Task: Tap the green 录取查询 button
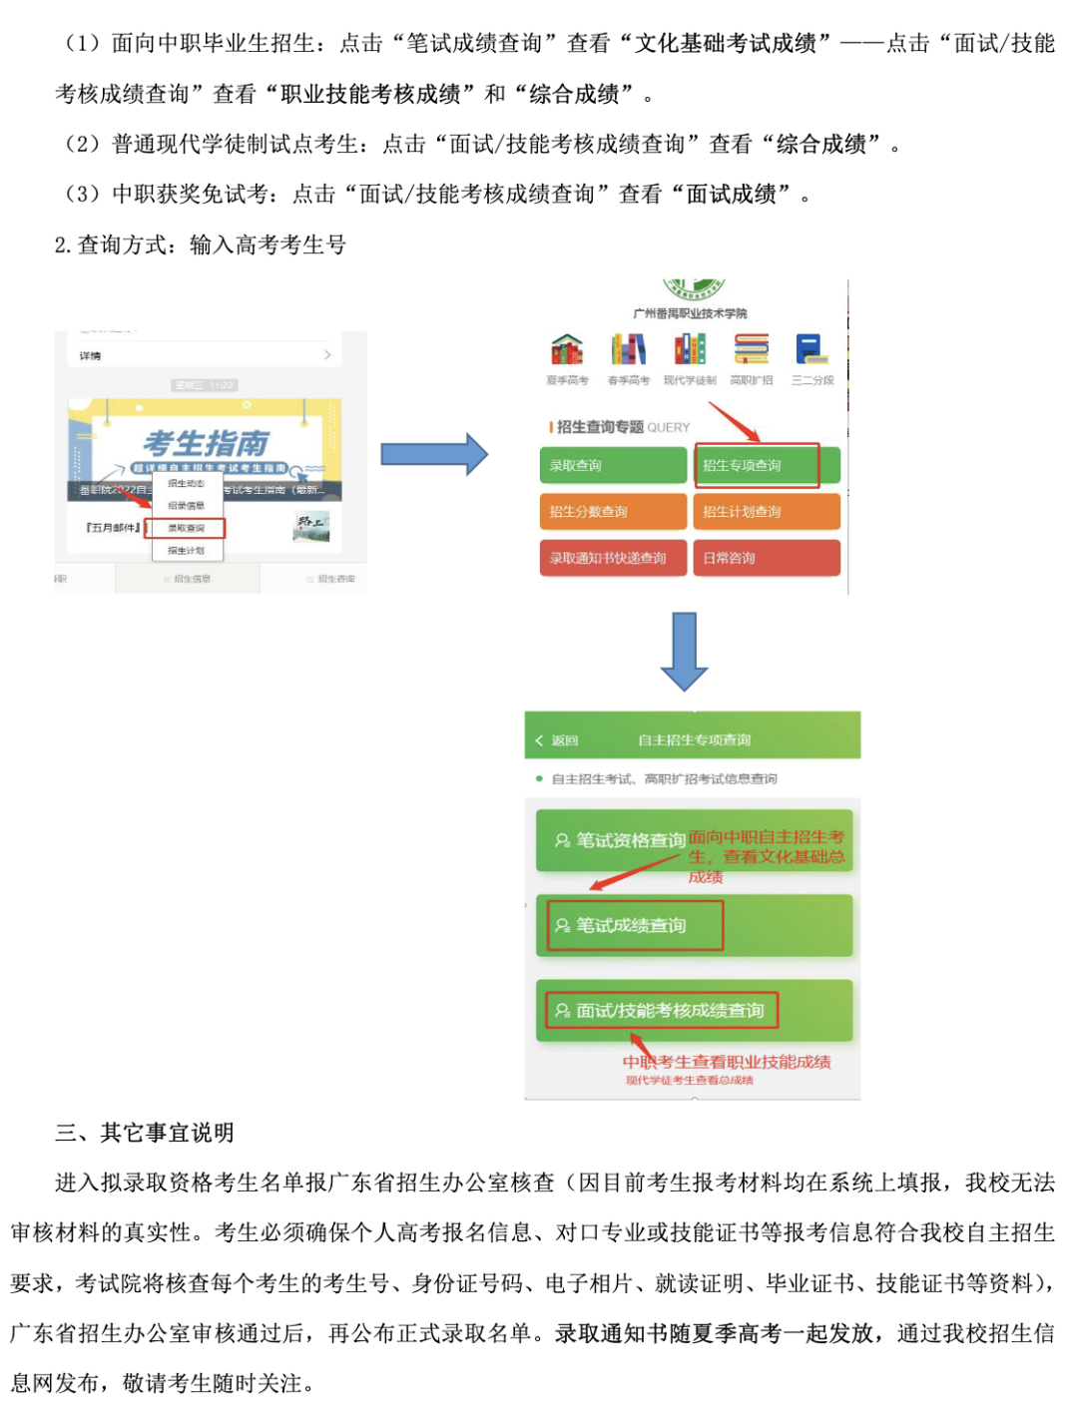(612, 465)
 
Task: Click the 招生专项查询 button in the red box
(757, 465)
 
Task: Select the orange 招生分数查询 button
(612, 512)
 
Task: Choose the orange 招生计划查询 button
(766, 512)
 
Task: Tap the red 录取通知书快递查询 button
(612, 558)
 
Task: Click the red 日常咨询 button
(766, 558)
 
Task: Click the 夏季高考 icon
(567, 350)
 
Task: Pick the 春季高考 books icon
(628, 350)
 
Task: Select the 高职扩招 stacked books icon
(751, 350)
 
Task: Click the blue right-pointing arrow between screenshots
(434, 455)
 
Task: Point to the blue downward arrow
(685, 651)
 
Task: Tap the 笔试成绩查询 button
(634, 925)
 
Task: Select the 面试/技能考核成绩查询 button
(661, 1010)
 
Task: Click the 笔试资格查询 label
(630, 840)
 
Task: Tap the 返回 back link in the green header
(558, 740)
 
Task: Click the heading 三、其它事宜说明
(145, 1133)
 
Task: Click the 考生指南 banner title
(207, 442)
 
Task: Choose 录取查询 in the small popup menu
(187, 528)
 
